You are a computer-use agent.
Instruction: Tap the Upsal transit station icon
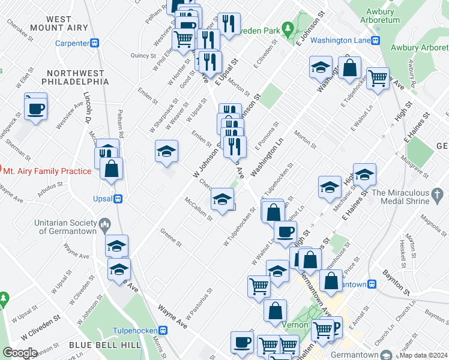[119, 198]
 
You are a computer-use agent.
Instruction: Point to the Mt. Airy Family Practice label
[47, 171]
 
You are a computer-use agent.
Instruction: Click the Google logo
[19, 352]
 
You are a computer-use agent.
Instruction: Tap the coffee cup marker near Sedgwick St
[35, 108]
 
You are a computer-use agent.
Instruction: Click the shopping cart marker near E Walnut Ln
[378, 77]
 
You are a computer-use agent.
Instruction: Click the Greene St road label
[171, 237]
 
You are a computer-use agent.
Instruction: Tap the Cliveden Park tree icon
[288, 28]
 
